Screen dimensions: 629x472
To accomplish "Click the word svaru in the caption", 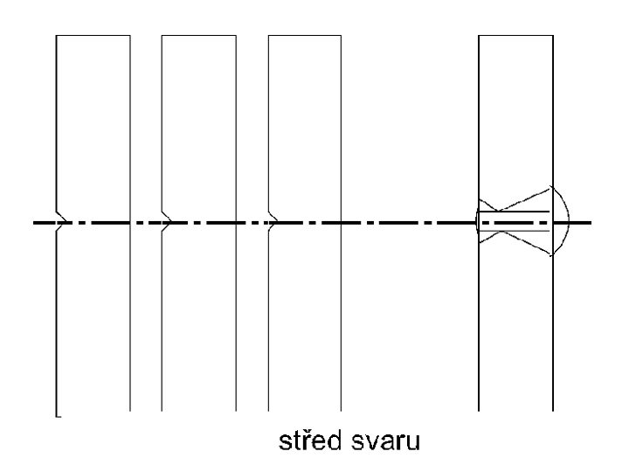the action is point(385,442).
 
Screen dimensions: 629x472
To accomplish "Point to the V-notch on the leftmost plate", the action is point(62,221).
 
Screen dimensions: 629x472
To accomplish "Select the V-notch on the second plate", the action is point(167,221).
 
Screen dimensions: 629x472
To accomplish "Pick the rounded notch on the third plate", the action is point(273,221).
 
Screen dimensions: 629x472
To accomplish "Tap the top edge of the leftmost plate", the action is point(93,35).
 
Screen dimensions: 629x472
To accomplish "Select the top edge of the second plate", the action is point(199,35).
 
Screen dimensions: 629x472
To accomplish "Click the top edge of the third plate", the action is point(305,35).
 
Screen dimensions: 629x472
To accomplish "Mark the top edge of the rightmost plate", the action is point(516,35).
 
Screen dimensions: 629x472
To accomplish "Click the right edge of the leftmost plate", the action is point(130,223).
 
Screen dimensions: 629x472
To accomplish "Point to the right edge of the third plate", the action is point(341,223).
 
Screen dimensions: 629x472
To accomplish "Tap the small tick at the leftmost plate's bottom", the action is point(59,417).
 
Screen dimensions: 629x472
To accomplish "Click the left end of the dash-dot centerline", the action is point(33,222).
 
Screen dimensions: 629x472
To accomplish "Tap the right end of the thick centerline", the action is point(591,222).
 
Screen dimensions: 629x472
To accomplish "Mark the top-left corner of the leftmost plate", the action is point(56,35).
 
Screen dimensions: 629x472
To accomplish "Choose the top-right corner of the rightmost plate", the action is point(553,35).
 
